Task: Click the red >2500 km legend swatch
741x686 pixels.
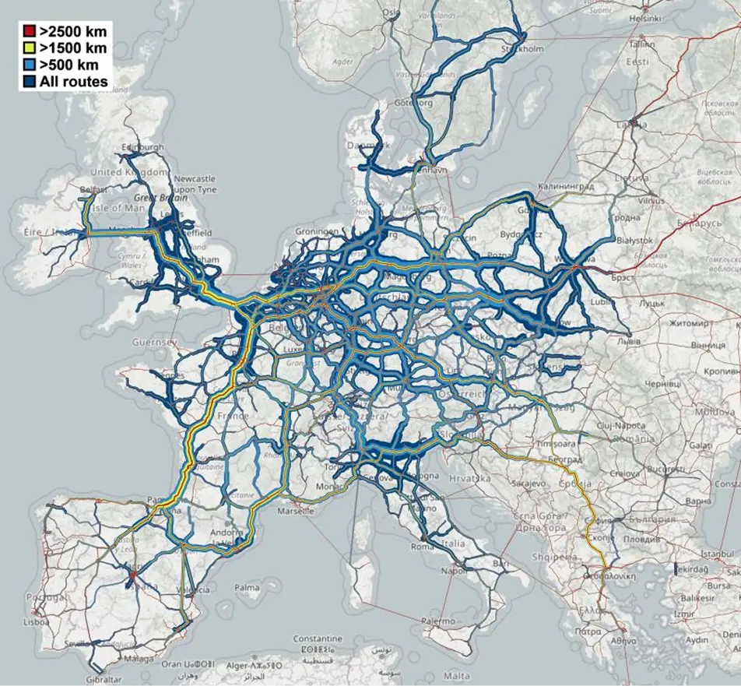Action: tap(29, 32)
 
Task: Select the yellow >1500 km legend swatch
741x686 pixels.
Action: tap(29, 48)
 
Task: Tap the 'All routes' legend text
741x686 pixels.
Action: tap(77, 81)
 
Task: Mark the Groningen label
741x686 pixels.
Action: tap(318, 232)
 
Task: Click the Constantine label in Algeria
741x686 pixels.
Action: tap(318, 638)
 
